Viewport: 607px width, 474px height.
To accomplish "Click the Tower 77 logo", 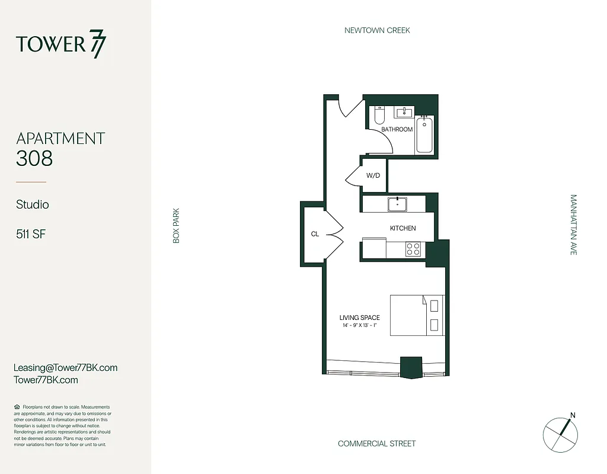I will [x=62, y=44].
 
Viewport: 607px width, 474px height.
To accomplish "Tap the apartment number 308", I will [x=34, y=158].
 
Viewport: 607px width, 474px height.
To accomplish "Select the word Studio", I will [x=33, y=204].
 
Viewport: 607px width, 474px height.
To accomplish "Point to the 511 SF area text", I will [x=31, y=234].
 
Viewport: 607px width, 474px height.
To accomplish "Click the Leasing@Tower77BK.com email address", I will [x=65, y=367].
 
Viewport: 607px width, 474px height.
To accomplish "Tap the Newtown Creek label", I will [x=377, y=30].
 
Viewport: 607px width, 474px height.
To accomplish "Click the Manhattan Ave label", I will [x=573, y=225].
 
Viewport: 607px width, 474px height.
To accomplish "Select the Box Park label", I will [x=176, y=225].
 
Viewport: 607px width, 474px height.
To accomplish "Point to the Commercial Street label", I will [x=376, y=444].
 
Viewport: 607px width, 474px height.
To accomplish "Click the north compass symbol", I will [x=560, y=433].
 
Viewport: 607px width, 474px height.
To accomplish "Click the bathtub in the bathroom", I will [x=424, y=135].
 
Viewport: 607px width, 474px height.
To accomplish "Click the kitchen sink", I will [x=397, y=204].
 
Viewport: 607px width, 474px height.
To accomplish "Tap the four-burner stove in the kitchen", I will [x=413, y=249].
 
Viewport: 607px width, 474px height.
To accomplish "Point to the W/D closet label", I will [x=373, y=176].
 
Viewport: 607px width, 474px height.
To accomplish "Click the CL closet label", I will [x=315, y=234].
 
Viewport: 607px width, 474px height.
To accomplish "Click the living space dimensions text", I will [x=359, y=325].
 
